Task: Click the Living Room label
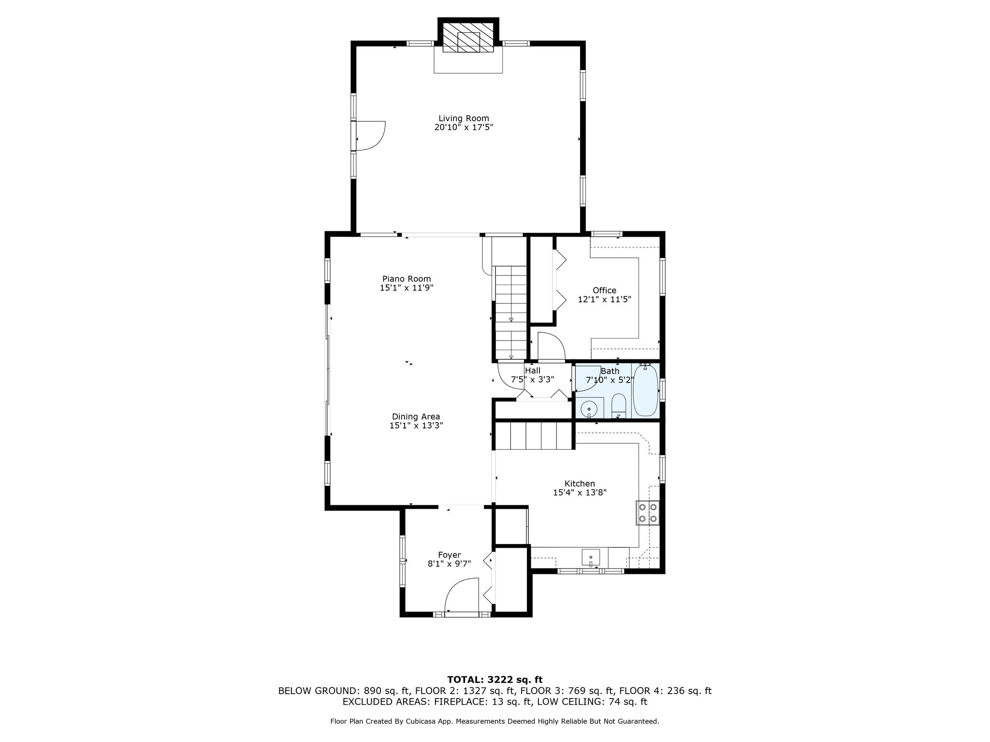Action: [464, 118]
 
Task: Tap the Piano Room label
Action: [407, 279]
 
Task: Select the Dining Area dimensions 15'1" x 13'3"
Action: [416, 426]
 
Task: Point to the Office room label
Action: [604, 290]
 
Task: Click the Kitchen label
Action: [580, 484]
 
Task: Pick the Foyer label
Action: [450, 555]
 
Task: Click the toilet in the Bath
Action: [619, 405]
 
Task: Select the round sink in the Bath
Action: [589, 409]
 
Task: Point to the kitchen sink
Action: [591, 557]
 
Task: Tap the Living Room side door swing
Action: [370, 136]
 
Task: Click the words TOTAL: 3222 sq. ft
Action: [495, 680]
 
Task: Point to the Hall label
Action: [533, 371]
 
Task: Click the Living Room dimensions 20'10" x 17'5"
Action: [464, 128]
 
